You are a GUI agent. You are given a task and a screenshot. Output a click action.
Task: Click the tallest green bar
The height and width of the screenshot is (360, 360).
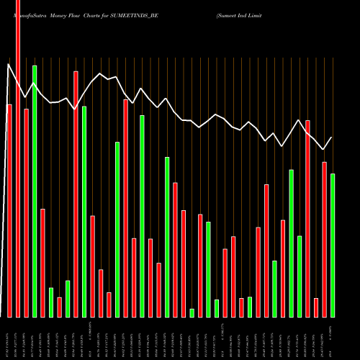[x=34, y=191]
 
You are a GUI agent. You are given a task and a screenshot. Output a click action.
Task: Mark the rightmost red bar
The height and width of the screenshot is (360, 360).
[x=324, y=239]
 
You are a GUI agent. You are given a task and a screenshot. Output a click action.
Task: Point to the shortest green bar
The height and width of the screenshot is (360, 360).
[x=192, y=312]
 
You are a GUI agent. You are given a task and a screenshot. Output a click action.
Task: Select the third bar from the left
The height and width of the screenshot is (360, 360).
[x=26, y=212]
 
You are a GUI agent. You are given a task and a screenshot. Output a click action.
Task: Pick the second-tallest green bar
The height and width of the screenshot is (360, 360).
[x=84, y=212]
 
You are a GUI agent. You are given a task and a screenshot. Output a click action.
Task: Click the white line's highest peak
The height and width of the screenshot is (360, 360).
[x=9, y=64]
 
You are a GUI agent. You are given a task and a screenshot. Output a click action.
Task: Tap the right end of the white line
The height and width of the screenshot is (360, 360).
[x=332, y=137]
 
